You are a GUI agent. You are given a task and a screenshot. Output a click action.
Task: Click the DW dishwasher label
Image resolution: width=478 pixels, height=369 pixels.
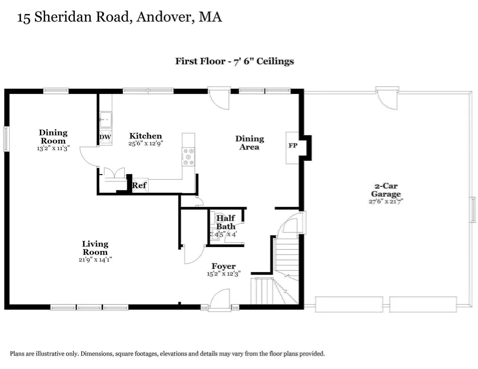[105, 137]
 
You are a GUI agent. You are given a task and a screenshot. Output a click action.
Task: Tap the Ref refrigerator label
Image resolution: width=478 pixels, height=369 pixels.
[139, 185]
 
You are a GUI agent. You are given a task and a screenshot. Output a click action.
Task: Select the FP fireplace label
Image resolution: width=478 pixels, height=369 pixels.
[293, 146]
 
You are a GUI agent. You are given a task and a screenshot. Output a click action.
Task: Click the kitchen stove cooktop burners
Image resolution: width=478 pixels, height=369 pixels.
[188, 157]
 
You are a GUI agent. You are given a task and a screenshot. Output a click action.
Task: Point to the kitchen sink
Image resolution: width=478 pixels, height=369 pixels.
[106, 120]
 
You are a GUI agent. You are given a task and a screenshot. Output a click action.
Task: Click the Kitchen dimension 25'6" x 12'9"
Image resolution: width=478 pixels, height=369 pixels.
[146, 143]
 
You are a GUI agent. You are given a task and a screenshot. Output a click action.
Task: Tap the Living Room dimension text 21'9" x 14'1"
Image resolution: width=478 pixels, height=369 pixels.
[95, 260]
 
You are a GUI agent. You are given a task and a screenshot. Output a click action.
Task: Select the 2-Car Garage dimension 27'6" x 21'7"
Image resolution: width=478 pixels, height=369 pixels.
[386, 201]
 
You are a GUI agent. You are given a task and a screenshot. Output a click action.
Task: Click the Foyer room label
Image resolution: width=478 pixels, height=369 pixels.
[224, 266]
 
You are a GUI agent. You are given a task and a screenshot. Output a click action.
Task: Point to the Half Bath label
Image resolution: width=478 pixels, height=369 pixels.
[226, 222]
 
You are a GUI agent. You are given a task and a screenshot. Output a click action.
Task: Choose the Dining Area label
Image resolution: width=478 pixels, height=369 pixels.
[250, 142]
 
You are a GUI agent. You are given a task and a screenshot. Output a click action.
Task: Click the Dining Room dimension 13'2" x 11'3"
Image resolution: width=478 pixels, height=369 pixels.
[53, 148]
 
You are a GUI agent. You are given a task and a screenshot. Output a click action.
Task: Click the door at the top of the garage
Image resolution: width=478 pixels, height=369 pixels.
[387, 98]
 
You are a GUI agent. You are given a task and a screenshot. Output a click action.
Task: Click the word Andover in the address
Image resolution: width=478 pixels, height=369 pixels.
[165, 17]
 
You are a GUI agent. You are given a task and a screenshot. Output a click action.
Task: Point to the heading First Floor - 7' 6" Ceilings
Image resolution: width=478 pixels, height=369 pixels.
[235, 61]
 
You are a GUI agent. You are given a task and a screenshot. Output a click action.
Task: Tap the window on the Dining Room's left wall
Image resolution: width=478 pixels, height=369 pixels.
[6, 139]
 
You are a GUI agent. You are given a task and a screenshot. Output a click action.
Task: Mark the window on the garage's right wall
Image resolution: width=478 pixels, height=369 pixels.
[472, 210]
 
